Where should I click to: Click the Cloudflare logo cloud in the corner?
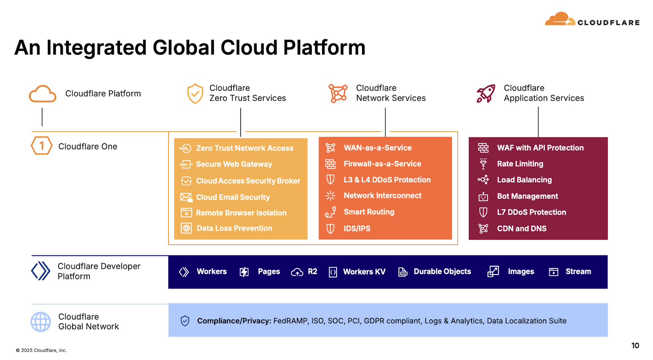tap(560, 19)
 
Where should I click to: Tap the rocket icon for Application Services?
tap(486, 93)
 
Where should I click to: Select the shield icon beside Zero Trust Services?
tap(195, 93)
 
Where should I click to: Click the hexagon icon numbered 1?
tap(42, 146)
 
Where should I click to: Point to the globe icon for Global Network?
tap(41, 322)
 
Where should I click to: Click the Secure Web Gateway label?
tap(234, 164)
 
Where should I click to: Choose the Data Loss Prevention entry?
tap(234, 228)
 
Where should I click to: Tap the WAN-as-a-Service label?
tap(378, 148)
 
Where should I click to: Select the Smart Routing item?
tap(369, 212)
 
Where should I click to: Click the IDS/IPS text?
tap(357, 229)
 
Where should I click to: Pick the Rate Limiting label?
tap(520, 164)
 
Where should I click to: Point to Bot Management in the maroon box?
tap(527, 196)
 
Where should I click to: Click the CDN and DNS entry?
tap(522, 229)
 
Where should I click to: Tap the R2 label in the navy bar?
tap(312, 271)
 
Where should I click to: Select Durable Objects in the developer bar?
tap(442, 271)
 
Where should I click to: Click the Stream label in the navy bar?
tap(578, 271)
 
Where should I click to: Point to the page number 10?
tap(635, 346)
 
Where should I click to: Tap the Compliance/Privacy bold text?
tap(234, 321)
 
